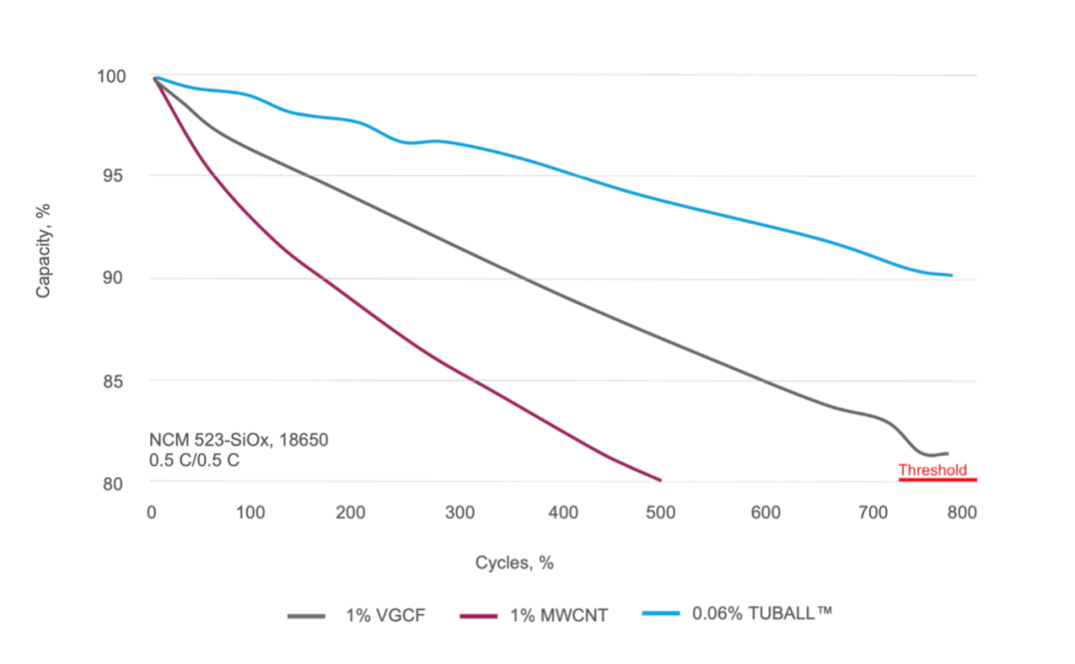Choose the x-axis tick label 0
click(151, 512)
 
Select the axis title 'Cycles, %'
click(514, 562)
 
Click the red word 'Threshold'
click(933, 470)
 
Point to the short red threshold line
click(937, 480)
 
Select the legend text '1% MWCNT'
click(558, 615)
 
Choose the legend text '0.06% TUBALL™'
click(760, 613)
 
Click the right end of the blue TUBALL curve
click(952, 275)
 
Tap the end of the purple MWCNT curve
click(660, 480)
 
